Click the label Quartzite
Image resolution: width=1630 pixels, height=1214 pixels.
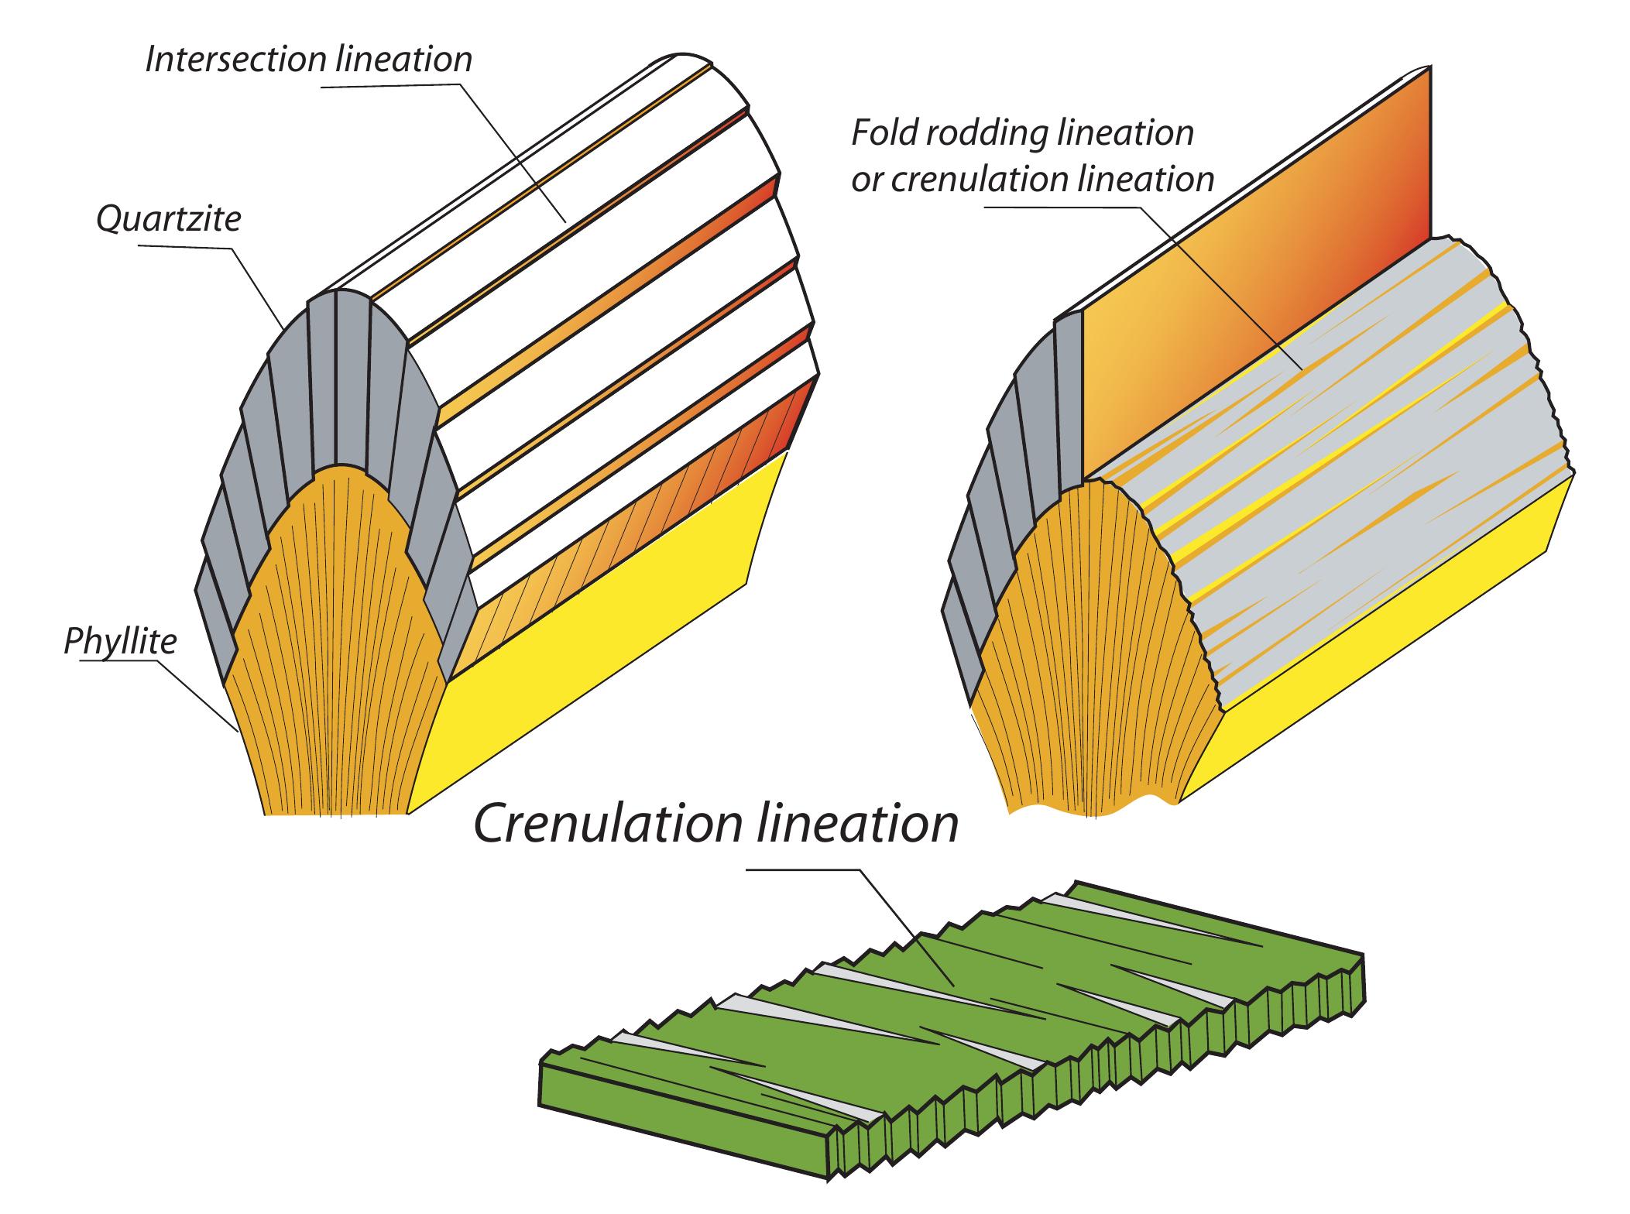pyautogui.click(x=168, y=220)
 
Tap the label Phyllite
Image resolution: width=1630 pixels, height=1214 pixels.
pyautogui.click(x=120, y=643)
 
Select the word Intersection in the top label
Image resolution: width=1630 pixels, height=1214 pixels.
pyautogui.click(x=238, y=60)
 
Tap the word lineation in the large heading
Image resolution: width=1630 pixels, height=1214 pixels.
pyautogui.click(x=860, y=825)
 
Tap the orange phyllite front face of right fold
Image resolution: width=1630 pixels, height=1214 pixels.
pyautogui.click(x=1084, y=658)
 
